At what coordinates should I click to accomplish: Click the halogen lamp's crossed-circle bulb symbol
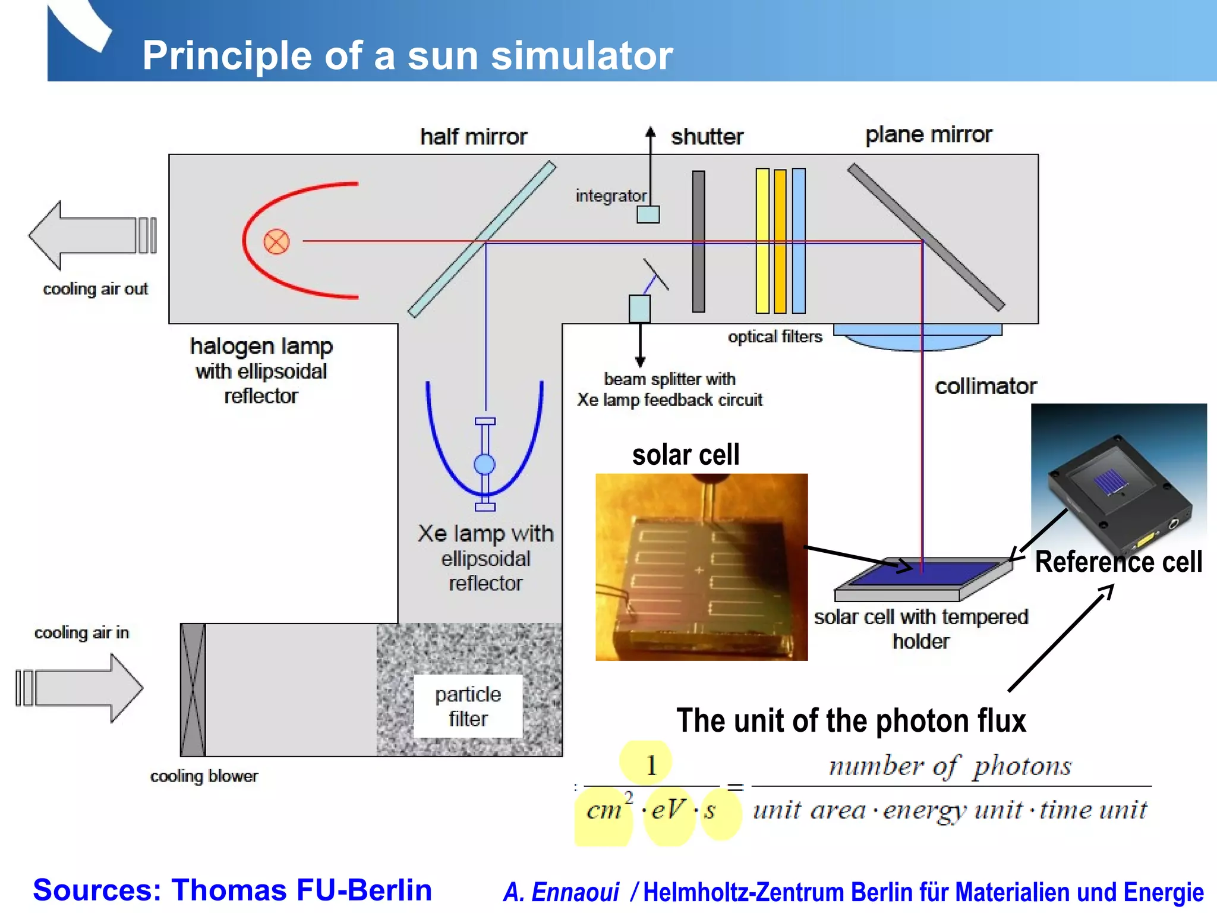click(x=276, y=242)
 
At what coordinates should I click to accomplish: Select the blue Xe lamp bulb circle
click(x=485, y=464)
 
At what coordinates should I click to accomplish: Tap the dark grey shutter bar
click(x=699, y=241)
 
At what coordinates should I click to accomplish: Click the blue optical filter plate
click(x=799, y=241)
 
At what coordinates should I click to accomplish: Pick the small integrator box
click(x=648, y=214)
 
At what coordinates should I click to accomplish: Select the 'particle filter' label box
click(x=468, y=706)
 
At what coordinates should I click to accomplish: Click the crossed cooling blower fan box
click(x=193, y=690)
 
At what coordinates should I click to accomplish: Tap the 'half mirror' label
click(x=474, y=137)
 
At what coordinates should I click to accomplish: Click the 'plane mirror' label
click(x=928, y=134)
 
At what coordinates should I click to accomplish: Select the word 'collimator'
click(x=986, y=386)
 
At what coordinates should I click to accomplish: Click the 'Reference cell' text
click(x=1118, y=562)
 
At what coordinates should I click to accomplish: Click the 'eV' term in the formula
click(x=669, y=810)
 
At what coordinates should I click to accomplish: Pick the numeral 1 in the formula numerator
click(x=651, y=766)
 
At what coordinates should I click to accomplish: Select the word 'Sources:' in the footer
click(x=97, y=890)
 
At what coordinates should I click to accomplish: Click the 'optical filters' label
click(x=775, y=337)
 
